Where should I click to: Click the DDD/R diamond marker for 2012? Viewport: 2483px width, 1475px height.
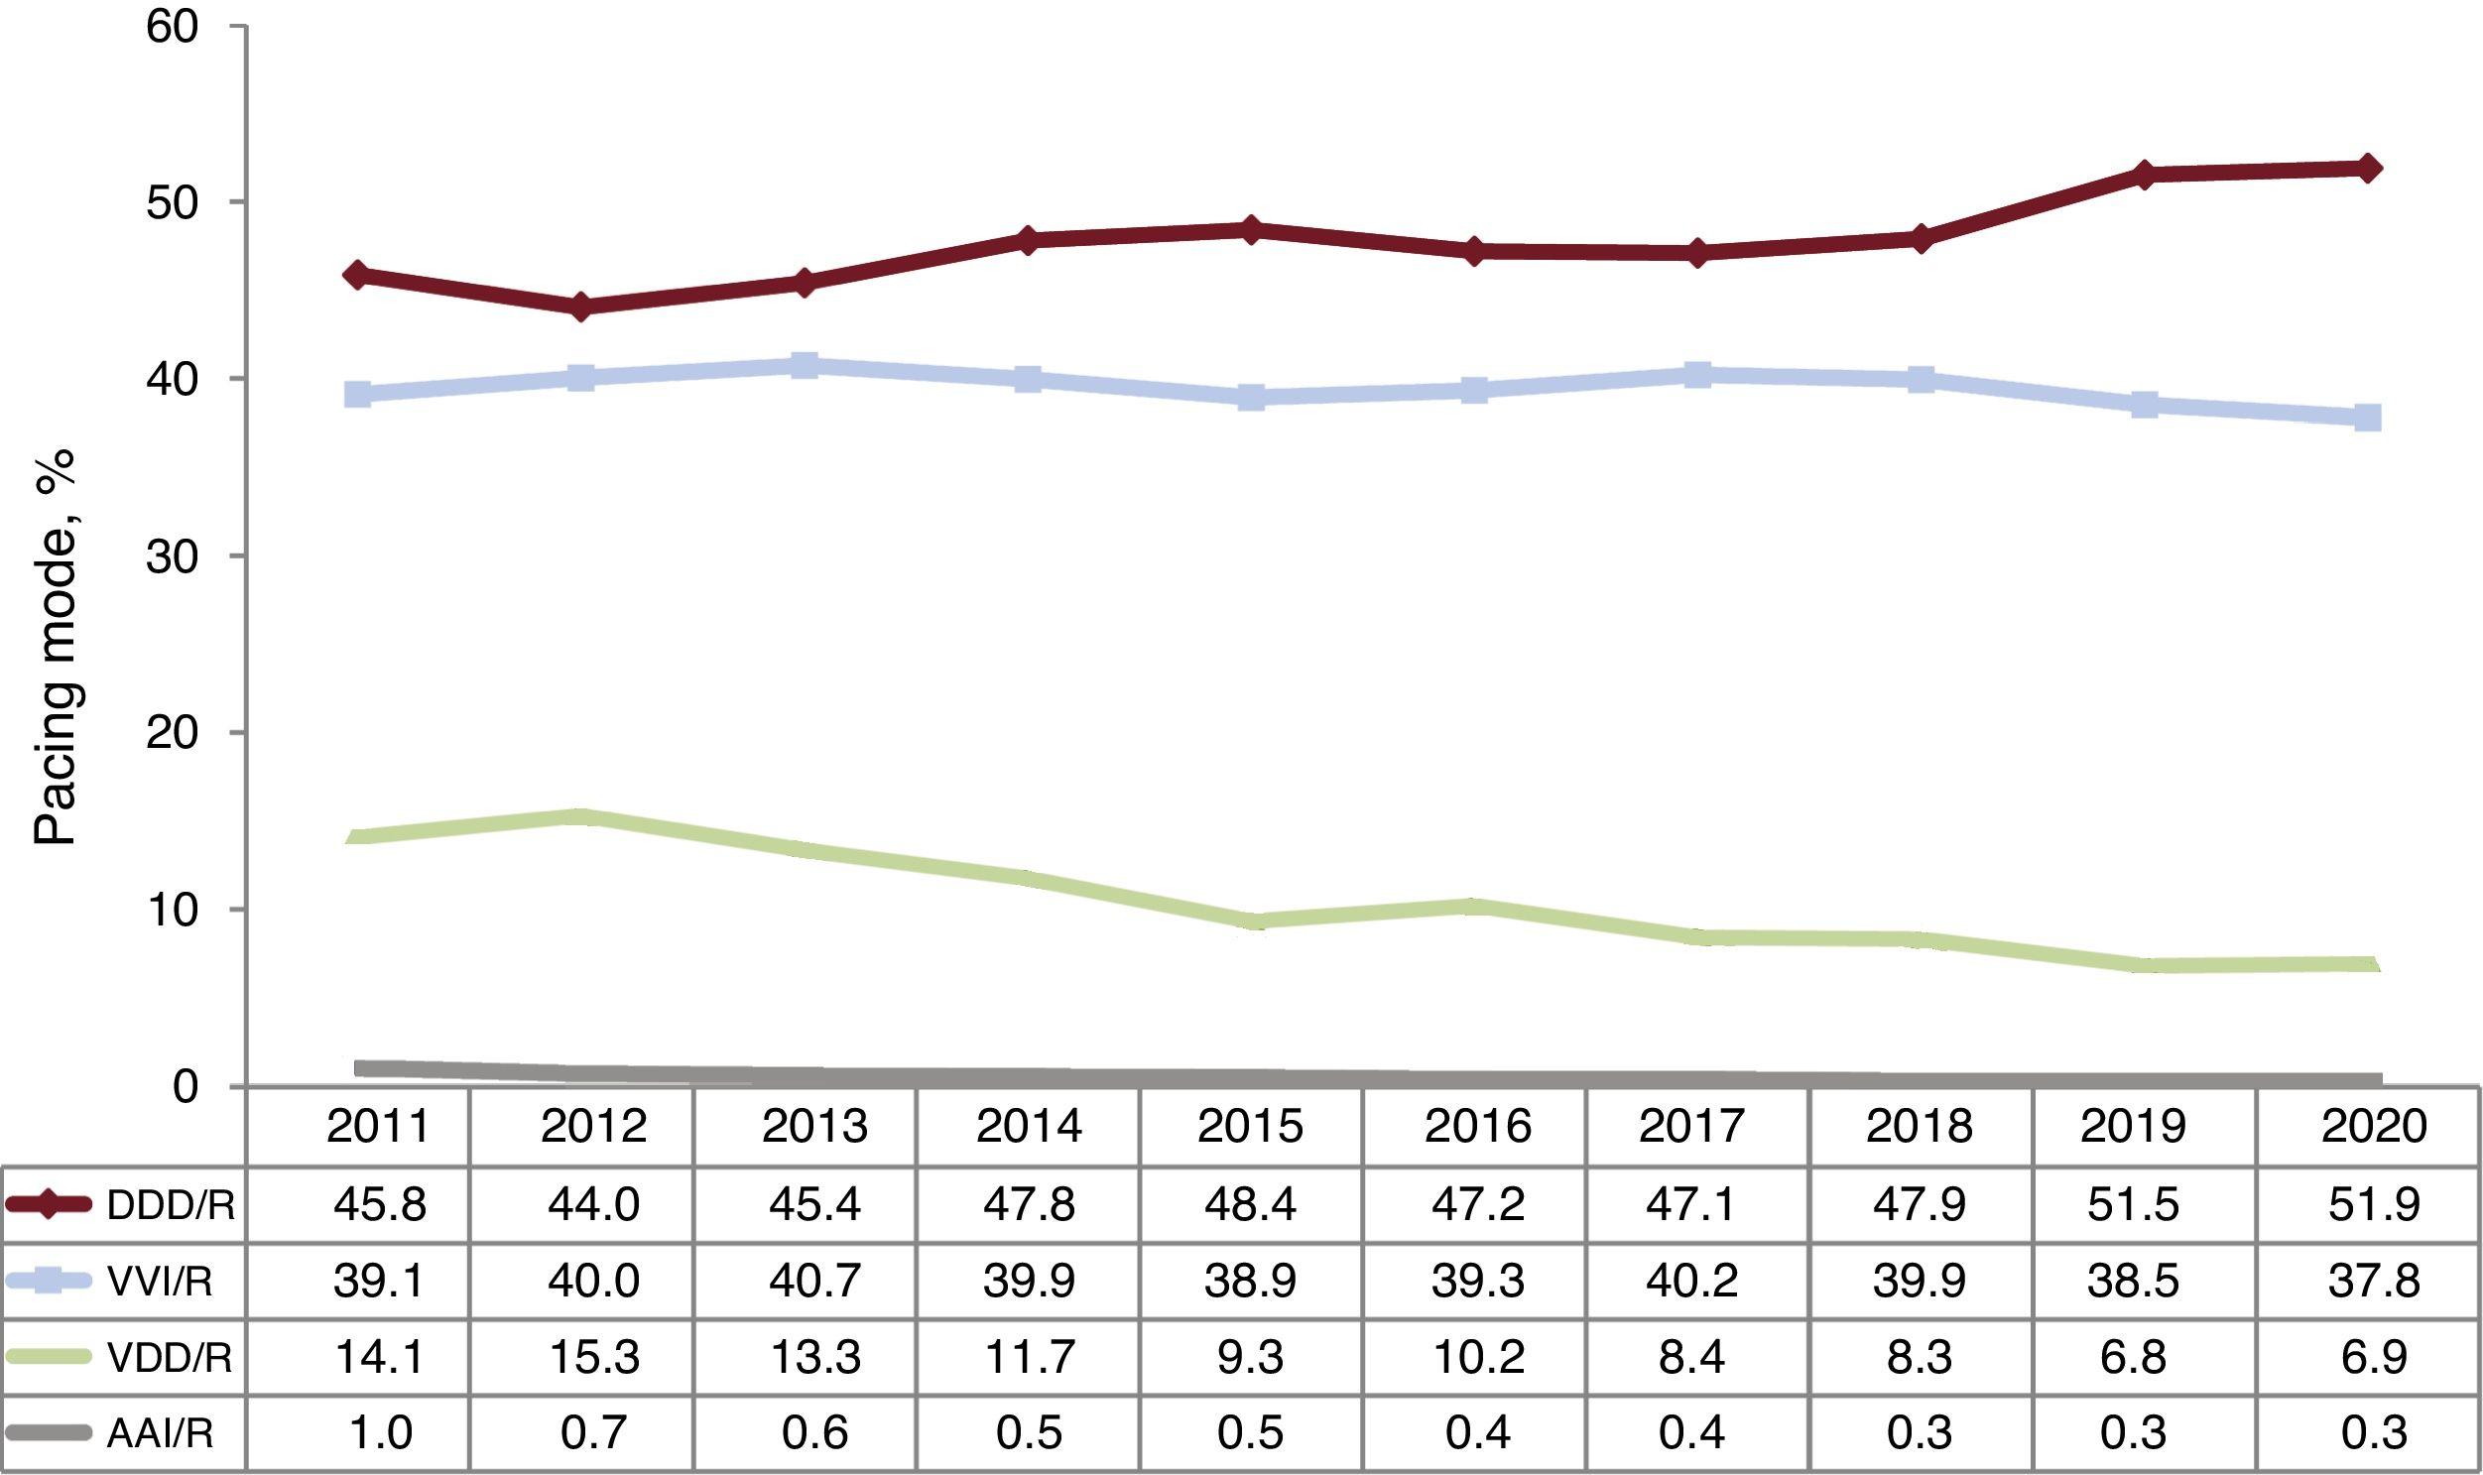click(x=581, y=307)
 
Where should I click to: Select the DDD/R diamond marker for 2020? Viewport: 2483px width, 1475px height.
click(x=2369, y=167)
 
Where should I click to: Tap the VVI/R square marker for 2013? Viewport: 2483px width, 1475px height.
click(x=806, y=365)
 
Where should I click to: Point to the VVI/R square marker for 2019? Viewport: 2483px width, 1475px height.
click(x=2144, y=404)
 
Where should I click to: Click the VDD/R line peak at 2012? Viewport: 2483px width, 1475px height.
click(x=581, y=817)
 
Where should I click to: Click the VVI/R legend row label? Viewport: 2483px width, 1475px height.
click(x=159, y=1283)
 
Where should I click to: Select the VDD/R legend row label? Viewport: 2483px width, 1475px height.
click(x=169, y=1358)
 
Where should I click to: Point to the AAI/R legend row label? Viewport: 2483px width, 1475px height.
click(x=159, y=1433)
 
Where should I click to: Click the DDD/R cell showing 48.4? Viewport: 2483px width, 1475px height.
click(x=1251, y=1204)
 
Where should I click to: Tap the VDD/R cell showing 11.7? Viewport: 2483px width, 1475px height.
click(x=1029, y=1358)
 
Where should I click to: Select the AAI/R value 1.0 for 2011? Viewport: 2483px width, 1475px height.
click(x=380, y=1433)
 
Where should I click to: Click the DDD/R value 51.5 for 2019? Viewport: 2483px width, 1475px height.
click(x=2134, y=1204)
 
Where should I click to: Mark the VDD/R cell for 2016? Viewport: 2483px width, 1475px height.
click(x=1476, y=1358)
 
